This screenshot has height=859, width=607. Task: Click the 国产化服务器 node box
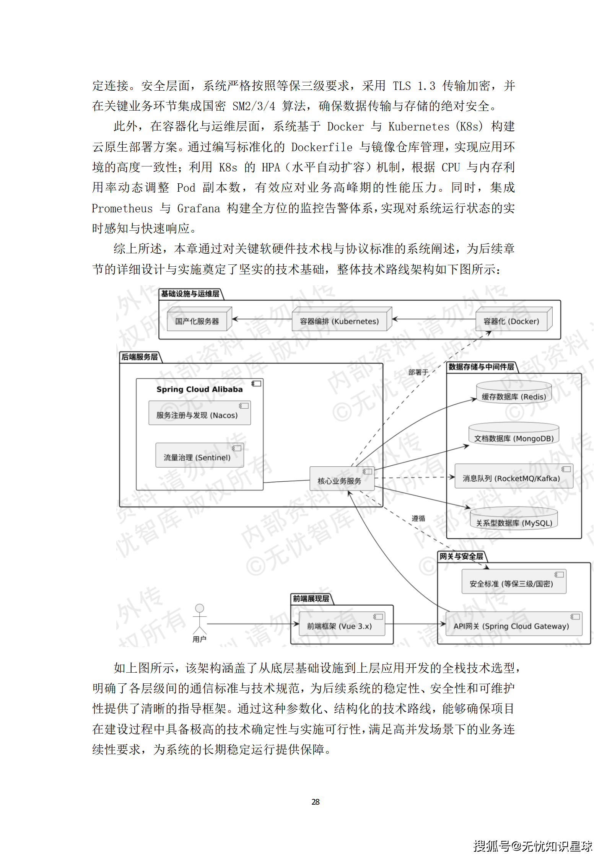pyautogui.click(x=197, y=321)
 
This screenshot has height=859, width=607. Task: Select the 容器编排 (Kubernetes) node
pyautogui.click(x=339, y=321)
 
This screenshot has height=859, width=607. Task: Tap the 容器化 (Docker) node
pyautogui.click(x=511, y=321)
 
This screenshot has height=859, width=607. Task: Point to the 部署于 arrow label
pyautogui.click(x=418, y=372)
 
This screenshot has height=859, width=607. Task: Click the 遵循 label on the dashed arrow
pyautogui.click(x=418, y=518)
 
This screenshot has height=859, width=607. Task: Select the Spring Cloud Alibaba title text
pyautogui.click(x=199, y=389)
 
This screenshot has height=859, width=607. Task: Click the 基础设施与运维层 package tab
pyautogui.click(x=190, y=293)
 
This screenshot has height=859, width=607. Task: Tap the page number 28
pyautogui.click(x=315, y=802)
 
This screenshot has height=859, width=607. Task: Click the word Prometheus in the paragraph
pyautogui.click(x=122, y=208)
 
